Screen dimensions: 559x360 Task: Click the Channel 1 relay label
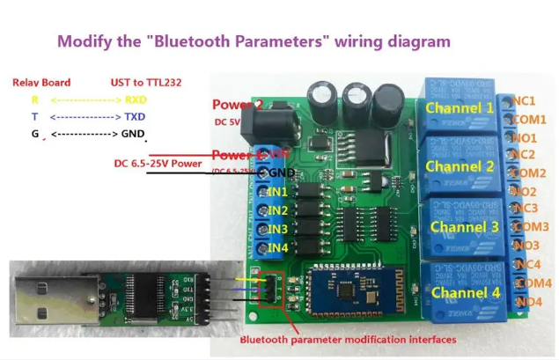(459, 108)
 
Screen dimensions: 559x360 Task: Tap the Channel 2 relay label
(459, 165)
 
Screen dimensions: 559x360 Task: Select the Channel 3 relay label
(464, 226)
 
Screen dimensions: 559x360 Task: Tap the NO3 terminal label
(526, 246)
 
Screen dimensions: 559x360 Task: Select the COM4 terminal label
(532, 283)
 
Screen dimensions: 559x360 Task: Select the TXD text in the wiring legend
(136, 116)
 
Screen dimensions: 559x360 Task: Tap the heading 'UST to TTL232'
(146, 82)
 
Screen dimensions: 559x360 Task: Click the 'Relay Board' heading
(41, 82)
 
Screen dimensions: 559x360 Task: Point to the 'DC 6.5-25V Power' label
(158, 163)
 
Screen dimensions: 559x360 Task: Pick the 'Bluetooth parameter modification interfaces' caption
(348, 339)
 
